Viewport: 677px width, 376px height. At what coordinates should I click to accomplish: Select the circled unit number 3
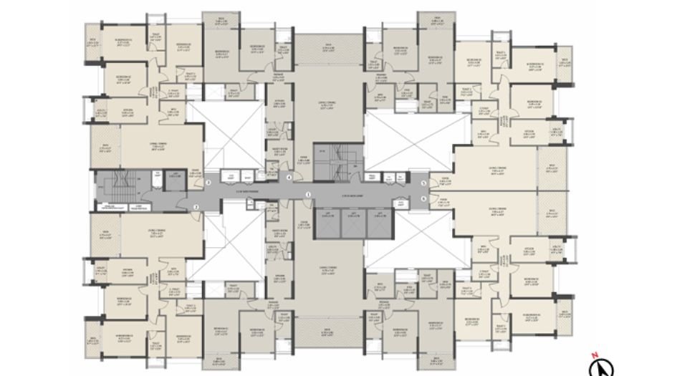tap(208, 183)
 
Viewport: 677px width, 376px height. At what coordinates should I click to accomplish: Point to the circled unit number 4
tap(289, 177)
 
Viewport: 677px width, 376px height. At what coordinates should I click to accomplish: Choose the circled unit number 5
tap(423, 183)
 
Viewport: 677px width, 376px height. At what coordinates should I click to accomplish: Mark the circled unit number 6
tap(423, 198)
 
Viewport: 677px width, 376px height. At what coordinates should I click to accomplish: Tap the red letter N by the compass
tap(594, 356)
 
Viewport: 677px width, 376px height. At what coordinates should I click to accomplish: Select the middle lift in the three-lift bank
tap(354, 225)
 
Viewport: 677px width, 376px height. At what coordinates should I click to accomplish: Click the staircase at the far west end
tap(117, 182)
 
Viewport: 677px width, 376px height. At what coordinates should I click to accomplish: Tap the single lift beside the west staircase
tap(173, 181)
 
